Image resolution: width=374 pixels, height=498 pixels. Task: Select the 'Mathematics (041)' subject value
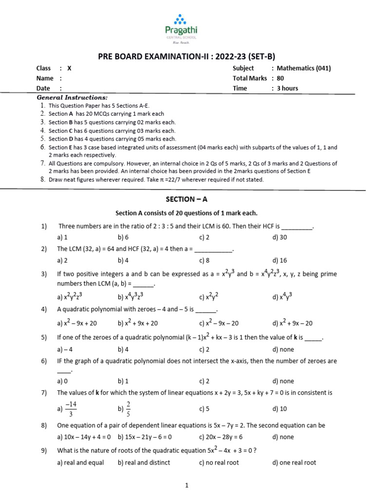click(303, 69)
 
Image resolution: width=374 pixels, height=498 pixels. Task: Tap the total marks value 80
click(280, 78)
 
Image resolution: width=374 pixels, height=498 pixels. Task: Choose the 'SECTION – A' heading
click(187, 199)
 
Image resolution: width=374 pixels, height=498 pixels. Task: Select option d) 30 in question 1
click(280, 238)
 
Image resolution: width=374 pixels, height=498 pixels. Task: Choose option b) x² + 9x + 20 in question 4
click(138, 323)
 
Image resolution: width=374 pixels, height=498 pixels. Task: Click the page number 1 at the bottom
click(187, 485)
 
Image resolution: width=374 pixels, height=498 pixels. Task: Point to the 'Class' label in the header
click(44, 69)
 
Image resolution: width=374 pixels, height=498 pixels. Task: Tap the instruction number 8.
click(43, 179)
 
